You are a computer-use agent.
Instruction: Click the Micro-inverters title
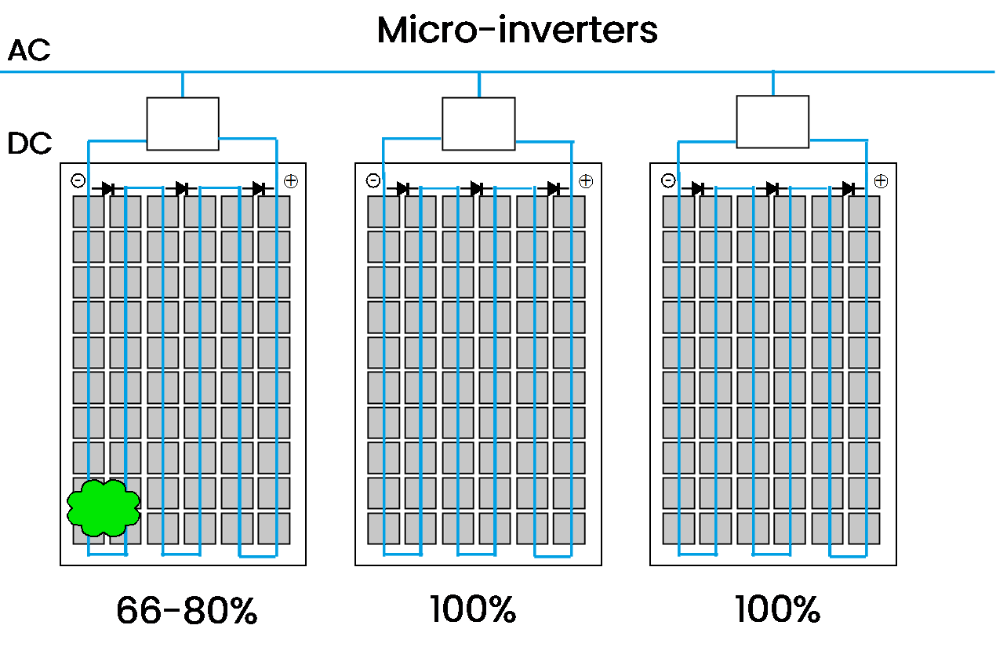(517, 31)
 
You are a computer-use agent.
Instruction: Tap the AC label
(29, 50)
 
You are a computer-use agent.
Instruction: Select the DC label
(29, 144)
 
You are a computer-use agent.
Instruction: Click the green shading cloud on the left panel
(104, 508)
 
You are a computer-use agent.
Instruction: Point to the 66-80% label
(187, 611)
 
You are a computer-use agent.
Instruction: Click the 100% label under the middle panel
(473, 609)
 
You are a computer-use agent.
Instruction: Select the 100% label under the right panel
(777, 609)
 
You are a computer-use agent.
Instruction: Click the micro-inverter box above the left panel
(183, 124)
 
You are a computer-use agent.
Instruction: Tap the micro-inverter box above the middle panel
(478, 124)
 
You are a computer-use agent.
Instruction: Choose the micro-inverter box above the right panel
(772, 122)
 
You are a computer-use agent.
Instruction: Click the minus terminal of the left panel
(78, 181)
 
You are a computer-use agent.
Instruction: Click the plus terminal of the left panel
(291, 181)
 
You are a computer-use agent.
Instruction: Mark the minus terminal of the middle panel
(373, 181)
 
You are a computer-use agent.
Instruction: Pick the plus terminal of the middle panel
(586, 181)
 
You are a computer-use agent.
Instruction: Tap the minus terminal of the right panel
(668, 181)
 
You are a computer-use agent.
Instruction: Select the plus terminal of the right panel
(881, 181)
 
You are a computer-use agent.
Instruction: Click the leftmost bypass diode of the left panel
(107, 189)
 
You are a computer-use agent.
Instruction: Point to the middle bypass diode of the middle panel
(477, 189)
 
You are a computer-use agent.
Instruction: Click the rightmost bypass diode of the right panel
(849, 189)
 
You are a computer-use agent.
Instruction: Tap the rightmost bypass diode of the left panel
(259, 189)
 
